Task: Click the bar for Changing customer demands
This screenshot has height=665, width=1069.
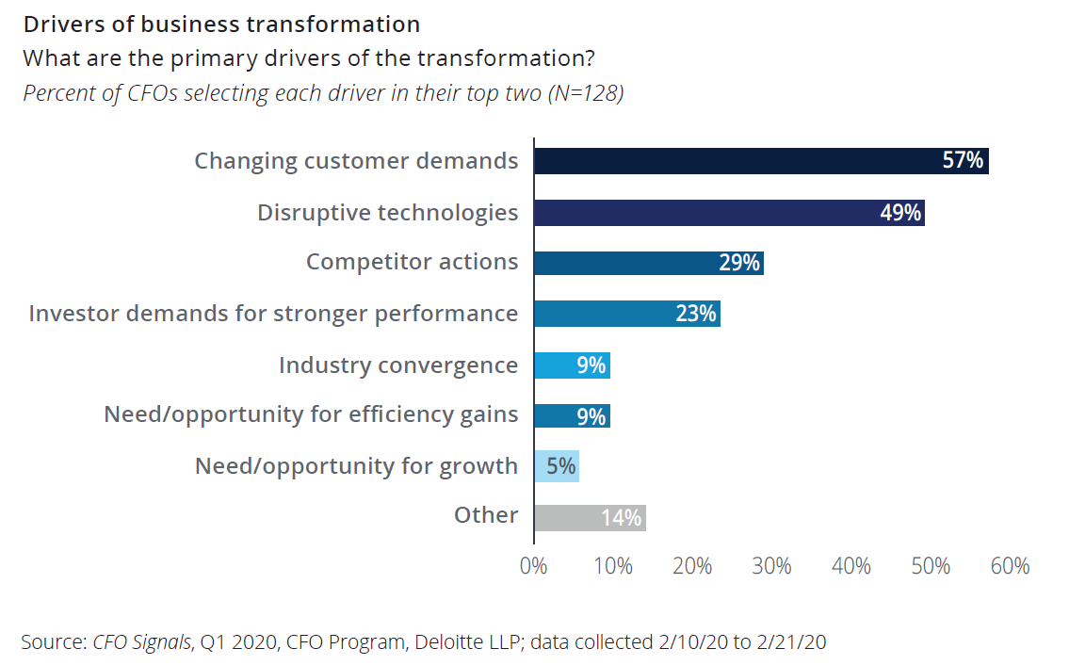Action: click(735, 161)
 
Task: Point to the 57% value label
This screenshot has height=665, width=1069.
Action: click(963, 161)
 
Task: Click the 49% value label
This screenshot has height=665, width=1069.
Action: click(899, 212)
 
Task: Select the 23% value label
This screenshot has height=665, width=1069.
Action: click(696, 314)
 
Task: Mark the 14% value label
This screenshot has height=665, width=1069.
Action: click(622, 517)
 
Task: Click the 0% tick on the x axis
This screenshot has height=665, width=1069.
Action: click(534, 566)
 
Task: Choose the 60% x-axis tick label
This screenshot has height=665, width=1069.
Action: click(1010, 566)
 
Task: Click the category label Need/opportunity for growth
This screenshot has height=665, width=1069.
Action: click(356, 466)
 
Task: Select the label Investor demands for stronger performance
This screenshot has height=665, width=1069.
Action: click(273, 314)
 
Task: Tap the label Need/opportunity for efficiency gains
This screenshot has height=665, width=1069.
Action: click(311, 415)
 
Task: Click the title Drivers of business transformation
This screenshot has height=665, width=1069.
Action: click(221, 24)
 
